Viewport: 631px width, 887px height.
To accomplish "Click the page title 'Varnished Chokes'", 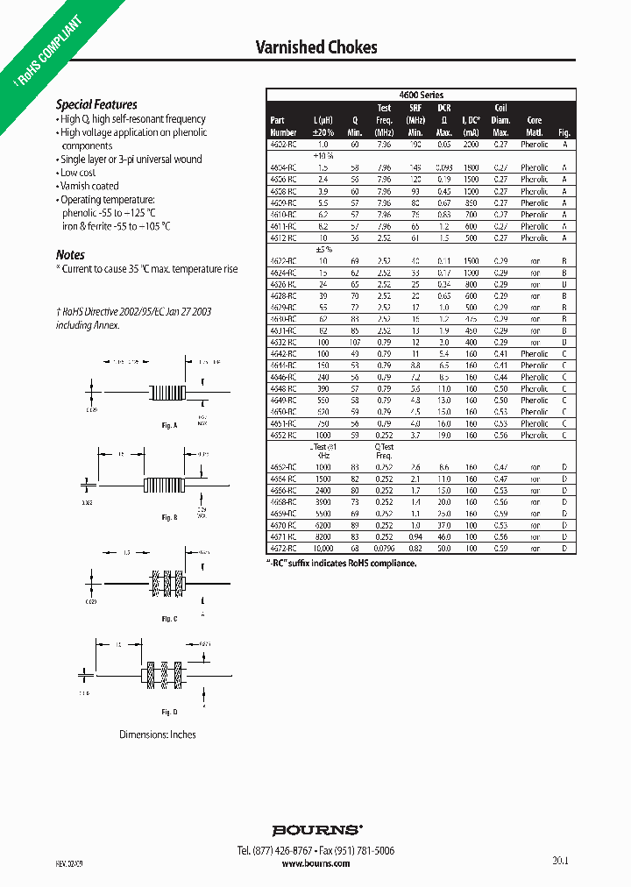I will tap(315, 46).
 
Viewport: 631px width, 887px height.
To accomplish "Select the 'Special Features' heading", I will tap(96, 104).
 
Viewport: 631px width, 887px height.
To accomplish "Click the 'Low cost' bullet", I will tap(78, 173).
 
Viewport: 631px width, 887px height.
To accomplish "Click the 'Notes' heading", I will tap(70, 255).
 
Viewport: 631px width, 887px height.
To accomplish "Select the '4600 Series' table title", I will tap(421, 95).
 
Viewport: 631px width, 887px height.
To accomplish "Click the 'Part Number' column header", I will tap(278, 125).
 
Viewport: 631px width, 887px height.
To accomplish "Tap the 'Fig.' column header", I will tap(564, 131).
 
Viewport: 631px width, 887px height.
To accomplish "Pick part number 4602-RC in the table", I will tap(283, 144).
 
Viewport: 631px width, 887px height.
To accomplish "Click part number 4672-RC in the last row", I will tap(283, 548).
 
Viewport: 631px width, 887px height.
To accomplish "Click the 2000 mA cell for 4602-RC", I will tap(471, 144).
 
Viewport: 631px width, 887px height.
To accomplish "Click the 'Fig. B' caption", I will tap(169, 518).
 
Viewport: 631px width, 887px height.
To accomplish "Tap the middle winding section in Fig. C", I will tap(165, 581).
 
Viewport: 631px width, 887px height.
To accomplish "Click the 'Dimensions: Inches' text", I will tap(158, 734).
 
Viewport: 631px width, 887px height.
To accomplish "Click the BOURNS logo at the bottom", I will tap(315, 829).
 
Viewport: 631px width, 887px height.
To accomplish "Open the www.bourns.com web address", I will tap(315, 863).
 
